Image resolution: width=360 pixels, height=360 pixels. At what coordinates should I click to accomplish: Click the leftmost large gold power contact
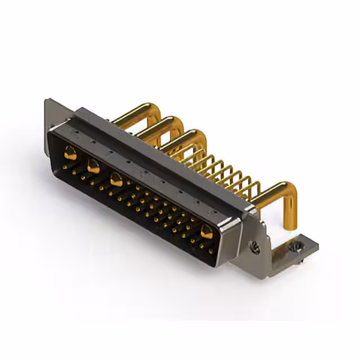70,152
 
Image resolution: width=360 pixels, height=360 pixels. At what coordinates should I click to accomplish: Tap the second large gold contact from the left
93,166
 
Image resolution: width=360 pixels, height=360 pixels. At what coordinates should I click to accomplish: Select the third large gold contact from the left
116,180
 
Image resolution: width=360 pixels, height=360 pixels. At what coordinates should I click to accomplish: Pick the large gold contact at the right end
206,231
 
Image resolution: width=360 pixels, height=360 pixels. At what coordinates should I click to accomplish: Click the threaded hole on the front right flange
255,245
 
